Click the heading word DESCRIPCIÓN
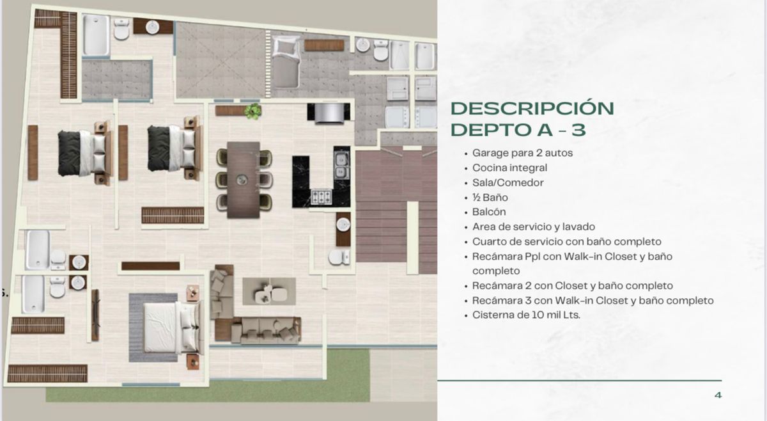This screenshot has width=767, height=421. [532, 108]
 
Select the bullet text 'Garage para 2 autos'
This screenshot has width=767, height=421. [522, 154]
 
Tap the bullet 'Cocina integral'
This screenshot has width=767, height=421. [509, 168]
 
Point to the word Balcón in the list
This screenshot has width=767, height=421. [490, 212]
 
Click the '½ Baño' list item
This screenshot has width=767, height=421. [490, 198]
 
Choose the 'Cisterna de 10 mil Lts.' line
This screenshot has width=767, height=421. [526, 315]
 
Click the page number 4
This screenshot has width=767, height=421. [718, 395]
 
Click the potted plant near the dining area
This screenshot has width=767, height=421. [254, 111]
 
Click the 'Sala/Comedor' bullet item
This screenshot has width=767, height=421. [508, 183]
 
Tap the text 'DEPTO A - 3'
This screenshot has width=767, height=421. [518, 130]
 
